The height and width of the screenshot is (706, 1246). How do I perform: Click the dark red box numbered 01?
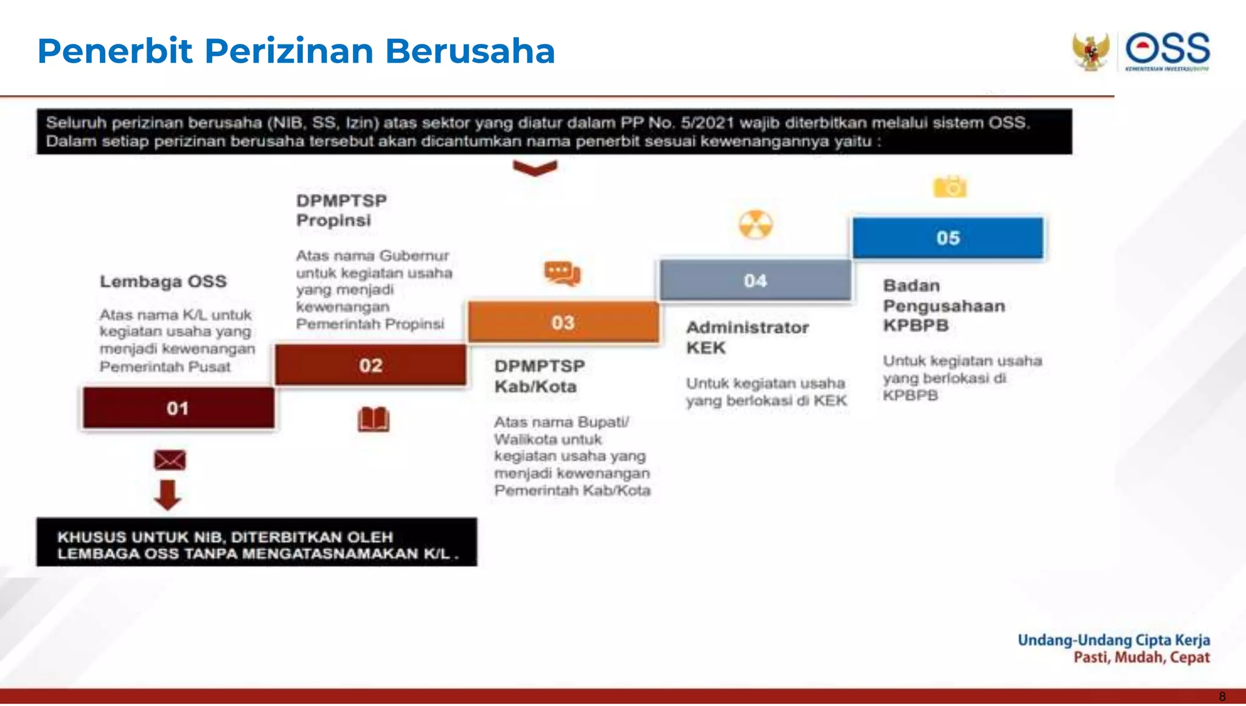pyautogui.click(x=178, y=408)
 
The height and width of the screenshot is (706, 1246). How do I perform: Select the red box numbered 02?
pyautogui.click(x=371, y=365)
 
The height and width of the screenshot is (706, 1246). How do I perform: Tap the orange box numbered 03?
pyautogui.click(x=563, y=322)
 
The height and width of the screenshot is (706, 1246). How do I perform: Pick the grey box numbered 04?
pyautogui.click(x=755, y=280)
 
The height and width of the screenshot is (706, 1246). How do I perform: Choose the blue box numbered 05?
pyautogui.click(x=948, y=238)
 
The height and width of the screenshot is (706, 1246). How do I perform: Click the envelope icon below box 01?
pyautogui.click(x=170, y=460)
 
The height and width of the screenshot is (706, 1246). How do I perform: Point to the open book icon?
pyautogui.click(x=374, y=420)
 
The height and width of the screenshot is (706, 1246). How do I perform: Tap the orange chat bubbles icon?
pyautogui.click(x=562, y=273)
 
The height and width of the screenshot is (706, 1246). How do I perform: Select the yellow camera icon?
pyautogui.click(x=950, y=187)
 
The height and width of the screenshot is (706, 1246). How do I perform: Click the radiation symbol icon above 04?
pyautogui.click(x=756, y=224)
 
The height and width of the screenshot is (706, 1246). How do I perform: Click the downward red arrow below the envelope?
pyautogui.click(x=167, y=494)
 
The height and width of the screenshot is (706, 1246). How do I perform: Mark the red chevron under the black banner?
pyautogui.click(x=535, y=168)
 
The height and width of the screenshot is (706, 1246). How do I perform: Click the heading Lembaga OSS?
pyautogui.click(x=163, y=282)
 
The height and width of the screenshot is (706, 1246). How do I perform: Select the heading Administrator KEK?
pyautogui.click(x=747, y=337)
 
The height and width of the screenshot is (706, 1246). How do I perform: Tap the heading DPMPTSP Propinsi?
pyautogui.click(x=341, y=210)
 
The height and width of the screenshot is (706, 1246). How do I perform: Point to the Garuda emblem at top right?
pyautogui.click(x=1090, y=52)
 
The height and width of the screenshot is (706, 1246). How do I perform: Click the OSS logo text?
pyautogui.click(x=1168, y=49)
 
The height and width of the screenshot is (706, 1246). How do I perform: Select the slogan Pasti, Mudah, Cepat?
pyautogui.click(x=1141, y=657)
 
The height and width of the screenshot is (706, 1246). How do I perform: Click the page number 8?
pyautogui.click(x=1222, y=697)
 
